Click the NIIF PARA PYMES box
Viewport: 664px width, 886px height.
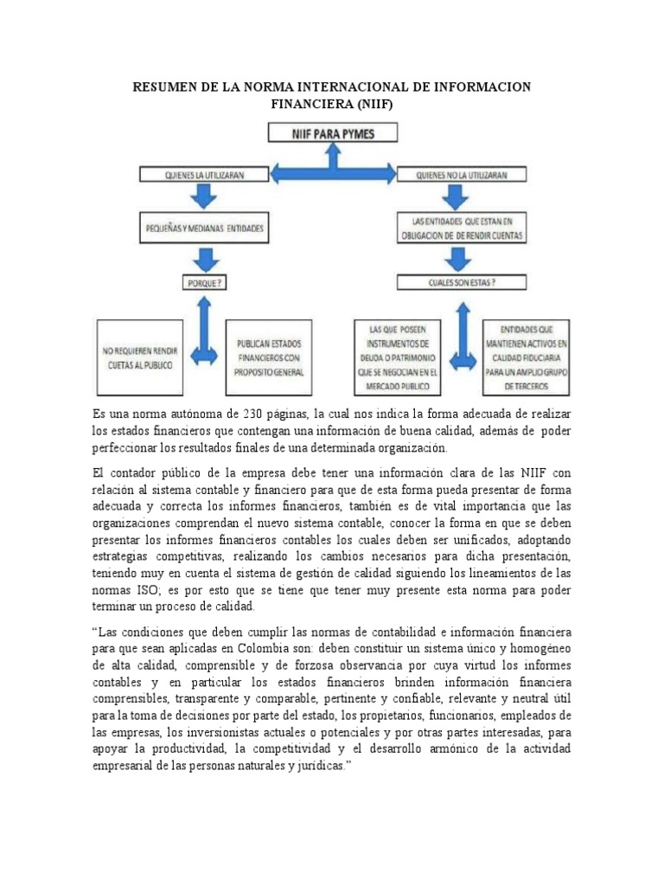tap(333, 133)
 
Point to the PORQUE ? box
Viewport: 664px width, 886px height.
tap(204, 282)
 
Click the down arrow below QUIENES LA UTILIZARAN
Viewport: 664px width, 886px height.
tap(204, 196)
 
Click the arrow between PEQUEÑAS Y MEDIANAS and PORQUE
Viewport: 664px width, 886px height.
tap(204, 258)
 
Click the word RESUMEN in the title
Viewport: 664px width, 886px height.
tap(168, 88)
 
